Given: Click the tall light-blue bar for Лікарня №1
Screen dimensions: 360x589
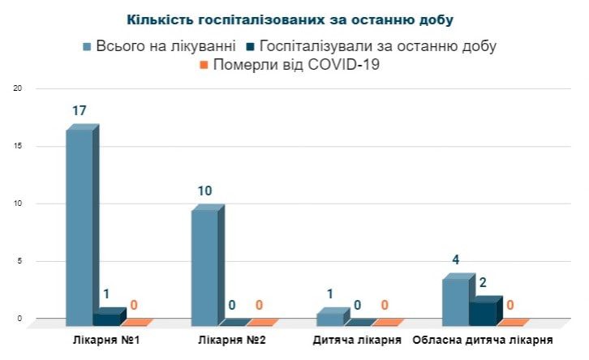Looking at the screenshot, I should point(80,227).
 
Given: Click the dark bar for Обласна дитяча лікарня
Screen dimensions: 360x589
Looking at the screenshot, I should point(483,312).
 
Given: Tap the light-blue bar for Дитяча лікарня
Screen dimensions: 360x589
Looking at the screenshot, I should point(329,319).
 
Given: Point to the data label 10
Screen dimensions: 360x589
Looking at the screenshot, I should point(204,191).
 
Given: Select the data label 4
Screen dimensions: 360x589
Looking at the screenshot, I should point(456,260).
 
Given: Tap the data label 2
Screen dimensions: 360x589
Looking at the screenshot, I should point(484,282).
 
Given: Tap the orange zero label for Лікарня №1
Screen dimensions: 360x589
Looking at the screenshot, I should point(134,306).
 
